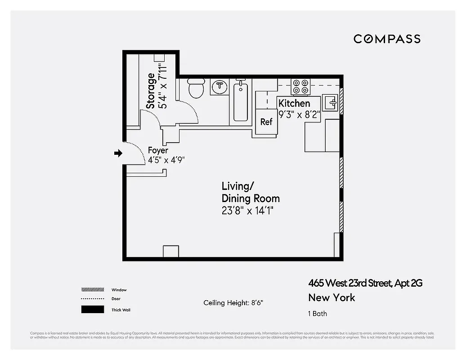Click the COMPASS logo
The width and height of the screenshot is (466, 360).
pyautogui.click(x=387, y=39)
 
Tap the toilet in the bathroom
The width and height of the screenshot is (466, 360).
pyautogui.click(x=196, y=88)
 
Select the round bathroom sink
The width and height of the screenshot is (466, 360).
pyautogui.click(x=220, y=86)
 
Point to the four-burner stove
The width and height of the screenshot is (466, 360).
pyautogui.click(x=300, y=86)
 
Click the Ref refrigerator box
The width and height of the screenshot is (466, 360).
pyautogui.click(x=266, y=121)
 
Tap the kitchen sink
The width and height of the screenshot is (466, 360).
pyautogui.click(x=330, y=102)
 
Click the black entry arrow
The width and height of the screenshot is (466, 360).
pyautogui.click(x=118, y=153)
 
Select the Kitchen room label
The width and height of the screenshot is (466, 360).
pyautogui.click(x=294, y=103)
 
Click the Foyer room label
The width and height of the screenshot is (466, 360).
pyautogui.click(x=158, y=150)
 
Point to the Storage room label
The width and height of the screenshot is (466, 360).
pyautogui.click(x=151, y=90)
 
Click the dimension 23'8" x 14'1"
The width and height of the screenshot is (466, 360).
pyautogui.click(x=247, y=210)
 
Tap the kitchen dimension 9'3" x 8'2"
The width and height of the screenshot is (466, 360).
pyautogui.click(x=299, y=114)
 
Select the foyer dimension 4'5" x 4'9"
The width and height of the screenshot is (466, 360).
pyautogui.click(x=166, y=160)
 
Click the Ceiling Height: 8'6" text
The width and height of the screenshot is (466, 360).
pyautogui.click(x=233, y=303)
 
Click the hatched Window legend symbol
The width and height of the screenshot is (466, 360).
pyautogui.click(x=92, y=290)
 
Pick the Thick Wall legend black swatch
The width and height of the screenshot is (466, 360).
pyautogui.click(x=92, y=310)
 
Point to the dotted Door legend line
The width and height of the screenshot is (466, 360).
pyautogui.click(x=92, y=299)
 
